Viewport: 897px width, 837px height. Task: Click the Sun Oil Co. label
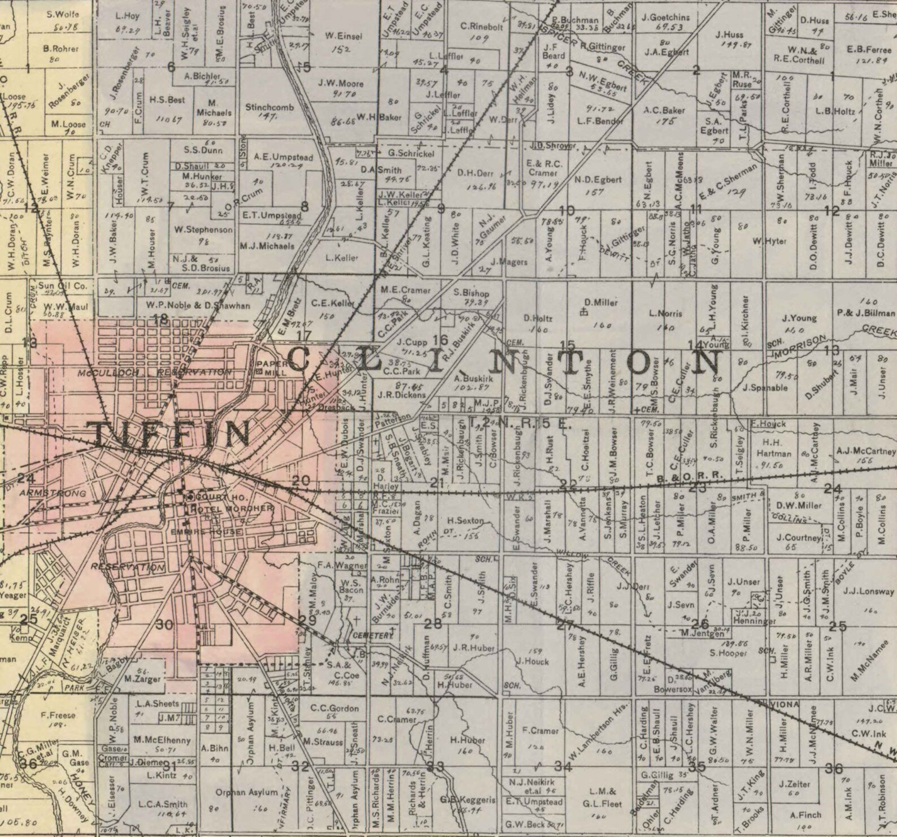click(63, 286)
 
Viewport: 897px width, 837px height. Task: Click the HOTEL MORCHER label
click(232, 509)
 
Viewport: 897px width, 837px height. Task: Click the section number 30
click(164, 625)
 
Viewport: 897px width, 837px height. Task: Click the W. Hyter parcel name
click(769, 241)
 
